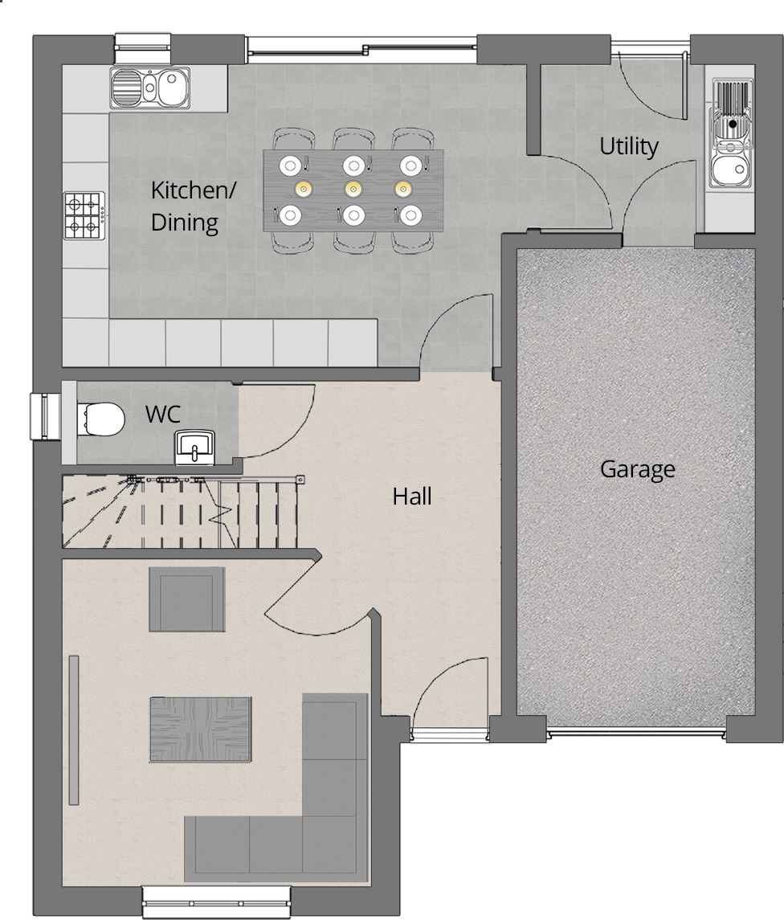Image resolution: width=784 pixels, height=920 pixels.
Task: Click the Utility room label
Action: pyautogui.click(x=629, y=146)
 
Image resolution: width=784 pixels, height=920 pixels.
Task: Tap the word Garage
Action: pyautogui.click(x=637, y=469)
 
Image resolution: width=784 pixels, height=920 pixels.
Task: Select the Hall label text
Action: pyautogui.click(x=412, y=497)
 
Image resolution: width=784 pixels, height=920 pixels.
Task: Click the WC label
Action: pyautogui.click(x=162, y=415)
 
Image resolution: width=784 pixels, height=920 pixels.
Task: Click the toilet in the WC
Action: pyautogui.click(x=102, y=418)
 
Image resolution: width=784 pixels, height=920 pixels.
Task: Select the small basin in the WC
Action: pyautogui.click(x=194, y=445)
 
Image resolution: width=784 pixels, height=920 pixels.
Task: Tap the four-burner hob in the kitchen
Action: pyautogui.click(x=85, y=215)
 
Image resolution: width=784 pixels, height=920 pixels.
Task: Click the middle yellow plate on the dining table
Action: pyautogui.click(x=351, y=189)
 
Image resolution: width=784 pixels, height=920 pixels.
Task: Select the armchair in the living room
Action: pyautogui.click(x=187, y=599)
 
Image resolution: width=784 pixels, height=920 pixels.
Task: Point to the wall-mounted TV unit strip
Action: pyautogui.click(x=74, y=730)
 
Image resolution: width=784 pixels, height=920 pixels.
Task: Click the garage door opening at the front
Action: pyautogui.click(x=636, y=734)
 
